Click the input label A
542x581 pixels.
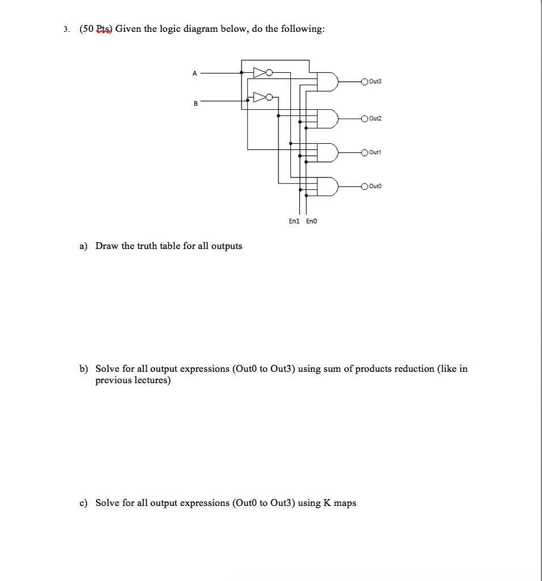point(194,73)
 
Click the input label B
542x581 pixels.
point(195,103)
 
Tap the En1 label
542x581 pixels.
point(294,221)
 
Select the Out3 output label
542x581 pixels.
point(376,82)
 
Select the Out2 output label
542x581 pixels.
point(376,118)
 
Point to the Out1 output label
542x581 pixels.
point(376,152)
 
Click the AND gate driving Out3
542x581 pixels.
point(327,82)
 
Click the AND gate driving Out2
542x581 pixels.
point(327,118)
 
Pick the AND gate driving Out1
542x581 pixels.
point(327,152)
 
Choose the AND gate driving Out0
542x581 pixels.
point(327,186)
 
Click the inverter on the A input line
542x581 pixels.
point(262,73)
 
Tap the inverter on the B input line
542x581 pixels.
point(262,97)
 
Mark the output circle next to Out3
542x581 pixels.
point(364,82)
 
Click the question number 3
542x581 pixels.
point(66,30)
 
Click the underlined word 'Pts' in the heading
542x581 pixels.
point(105,29)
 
